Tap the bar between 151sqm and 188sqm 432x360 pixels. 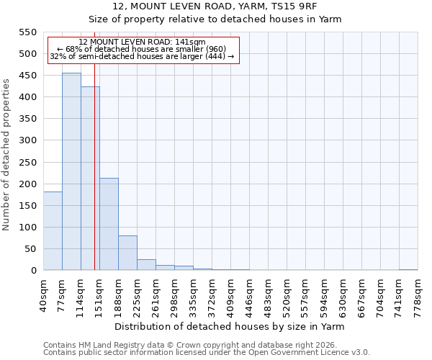tap(109, 224)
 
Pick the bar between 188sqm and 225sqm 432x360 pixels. tap(127, 253)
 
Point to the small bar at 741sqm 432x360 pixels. tap(408, 269)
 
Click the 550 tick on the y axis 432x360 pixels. tap(27, 32)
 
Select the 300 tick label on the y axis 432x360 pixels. tap(27, 140)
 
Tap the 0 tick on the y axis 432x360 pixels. tap(33, 271)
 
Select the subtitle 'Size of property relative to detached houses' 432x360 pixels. tap(215, 19)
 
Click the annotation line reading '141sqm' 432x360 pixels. tap(142, 42)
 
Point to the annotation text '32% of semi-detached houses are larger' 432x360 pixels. tap(142, 56)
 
